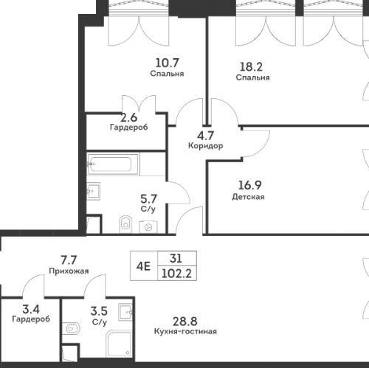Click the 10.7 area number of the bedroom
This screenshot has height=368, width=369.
[167, 63]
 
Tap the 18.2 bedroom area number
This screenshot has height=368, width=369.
[251, 66]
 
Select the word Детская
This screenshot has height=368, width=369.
[248, 197]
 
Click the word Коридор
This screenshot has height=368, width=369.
[206, 146]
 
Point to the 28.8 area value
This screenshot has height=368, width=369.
[185, 322]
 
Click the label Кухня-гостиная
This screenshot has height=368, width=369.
[185, 331]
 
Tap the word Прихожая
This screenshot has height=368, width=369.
[69, 271]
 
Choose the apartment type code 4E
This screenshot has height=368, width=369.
[143, 266]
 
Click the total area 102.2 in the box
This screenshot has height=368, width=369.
[176, 274]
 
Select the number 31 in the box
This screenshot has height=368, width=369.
[176, 258]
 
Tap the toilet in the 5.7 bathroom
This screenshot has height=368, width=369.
[125, 224]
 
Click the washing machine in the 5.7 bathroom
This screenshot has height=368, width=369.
[148, 227]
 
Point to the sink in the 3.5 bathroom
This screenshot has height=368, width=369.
[125, 312]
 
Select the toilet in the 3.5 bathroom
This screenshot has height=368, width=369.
[71, 329]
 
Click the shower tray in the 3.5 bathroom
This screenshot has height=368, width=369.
[119, 344]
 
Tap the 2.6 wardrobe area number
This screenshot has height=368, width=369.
[128, 117]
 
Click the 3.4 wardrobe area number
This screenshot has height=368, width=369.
[31, 309]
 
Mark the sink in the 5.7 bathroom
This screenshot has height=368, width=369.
[93, 191]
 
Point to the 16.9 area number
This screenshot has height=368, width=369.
[250, 185]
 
